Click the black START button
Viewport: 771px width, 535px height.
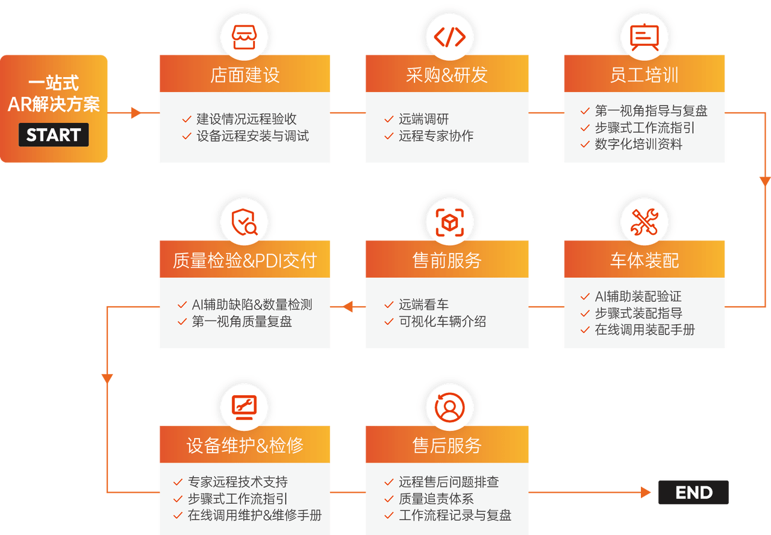coord(54,135)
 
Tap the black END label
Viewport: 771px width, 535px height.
coord(693,492)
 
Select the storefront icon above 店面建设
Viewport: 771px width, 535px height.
coord(245,37)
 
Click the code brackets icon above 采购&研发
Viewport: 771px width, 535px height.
coord(449,37)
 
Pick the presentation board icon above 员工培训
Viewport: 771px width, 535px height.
coord(644,37)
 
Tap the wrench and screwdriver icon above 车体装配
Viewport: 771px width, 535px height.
coord(644,222)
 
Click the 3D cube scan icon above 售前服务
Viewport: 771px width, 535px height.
coord(449,223)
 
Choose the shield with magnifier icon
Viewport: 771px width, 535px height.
coord(245,223)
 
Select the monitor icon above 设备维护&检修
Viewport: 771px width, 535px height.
coord(245,408)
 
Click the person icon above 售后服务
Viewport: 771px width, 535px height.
coord(449,408)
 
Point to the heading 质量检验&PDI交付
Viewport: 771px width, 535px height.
coord(245,260)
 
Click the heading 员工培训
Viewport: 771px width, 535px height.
coord(644,75)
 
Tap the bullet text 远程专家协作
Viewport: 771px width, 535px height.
coord(435,136)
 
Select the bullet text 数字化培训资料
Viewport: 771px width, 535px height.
coord(638,145)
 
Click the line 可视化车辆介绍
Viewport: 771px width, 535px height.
coord(442,322)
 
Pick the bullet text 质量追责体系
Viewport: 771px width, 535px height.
coord(435,499)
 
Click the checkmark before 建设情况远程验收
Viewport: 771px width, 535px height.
coord(187,119)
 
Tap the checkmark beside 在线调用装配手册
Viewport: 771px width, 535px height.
coord(584,330)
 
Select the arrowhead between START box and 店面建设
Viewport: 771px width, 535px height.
coord(136,113)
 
